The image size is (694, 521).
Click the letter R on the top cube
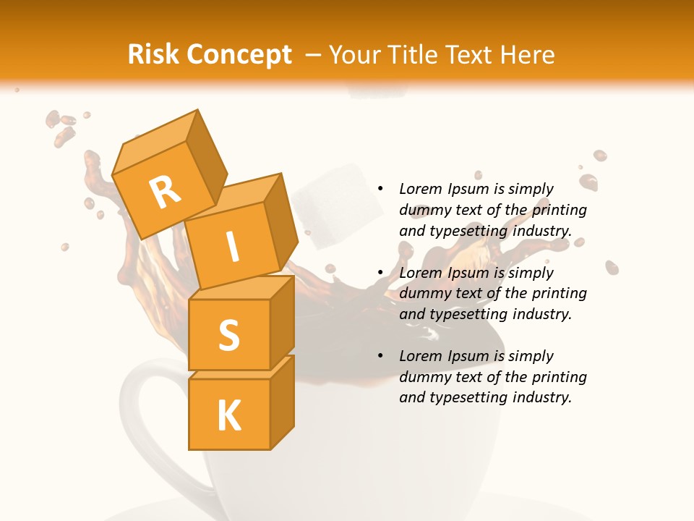[165, 192]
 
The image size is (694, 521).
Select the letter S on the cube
[228, 335]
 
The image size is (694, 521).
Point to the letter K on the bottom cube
[228, 416]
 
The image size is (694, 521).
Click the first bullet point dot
[380, 189]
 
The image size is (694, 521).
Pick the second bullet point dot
[380, 273]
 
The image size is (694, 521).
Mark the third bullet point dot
[380, 356]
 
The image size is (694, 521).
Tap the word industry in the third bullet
[541, 397]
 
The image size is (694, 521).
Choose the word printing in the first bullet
[559, 210]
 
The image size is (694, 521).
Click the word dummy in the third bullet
[423, 377]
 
